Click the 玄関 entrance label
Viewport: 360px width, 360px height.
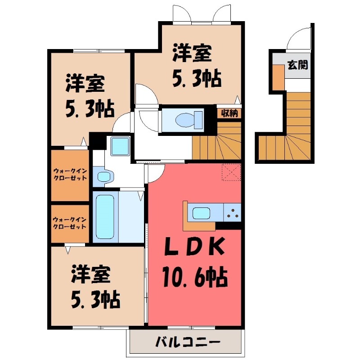coord(298,65)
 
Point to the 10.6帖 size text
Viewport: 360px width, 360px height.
coord(194,278)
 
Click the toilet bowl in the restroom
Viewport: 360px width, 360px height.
coord(184,120)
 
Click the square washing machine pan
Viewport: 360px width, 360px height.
coord(120,146)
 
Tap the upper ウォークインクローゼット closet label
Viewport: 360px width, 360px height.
coord(70,174)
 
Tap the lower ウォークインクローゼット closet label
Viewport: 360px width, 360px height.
coord(70,223)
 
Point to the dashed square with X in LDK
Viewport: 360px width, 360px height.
coord(232,172)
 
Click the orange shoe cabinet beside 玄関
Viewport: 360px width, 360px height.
coord(279,77)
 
